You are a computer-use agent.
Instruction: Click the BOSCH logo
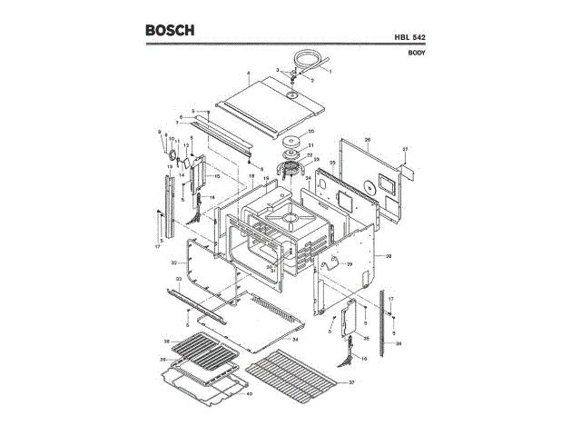click(170, 30)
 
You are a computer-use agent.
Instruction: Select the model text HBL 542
click(410, 36)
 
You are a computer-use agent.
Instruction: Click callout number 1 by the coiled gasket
click(330, 71)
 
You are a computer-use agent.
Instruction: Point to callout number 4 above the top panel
click(248, 72)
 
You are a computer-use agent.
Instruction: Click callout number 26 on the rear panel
click(368, 140)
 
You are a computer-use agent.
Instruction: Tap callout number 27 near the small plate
click(406, 148)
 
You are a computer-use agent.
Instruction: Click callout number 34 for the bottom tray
click(295, 338)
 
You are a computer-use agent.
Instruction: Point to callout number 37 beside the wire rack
click(351, 383)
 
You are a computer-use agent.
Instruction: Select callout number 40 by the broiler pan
click(250, 395)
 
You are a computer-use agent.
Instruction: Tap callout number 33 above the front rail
click(179, 279)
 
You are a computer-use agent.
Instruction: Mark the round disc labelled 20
click(292, 138)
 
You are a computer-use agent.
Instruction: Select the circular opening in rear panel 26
click(369, 185)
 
